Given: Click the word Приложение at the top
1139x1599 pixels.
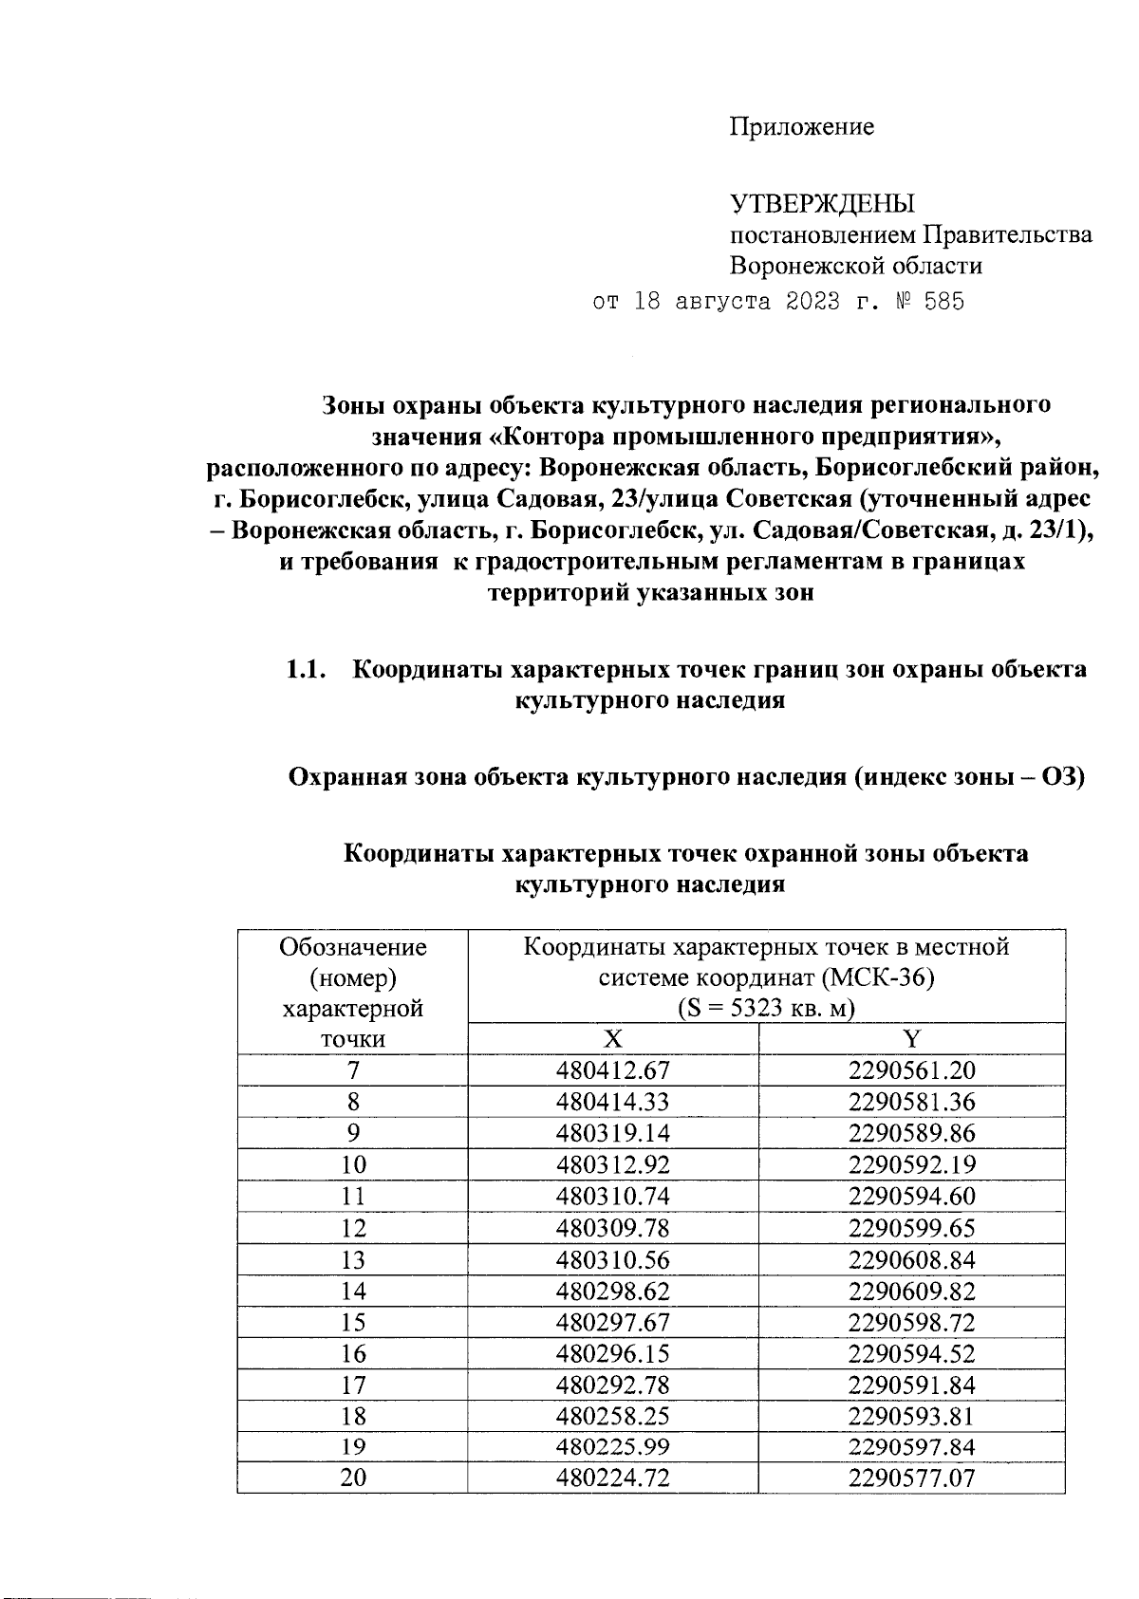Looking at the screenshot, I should coord(801,127).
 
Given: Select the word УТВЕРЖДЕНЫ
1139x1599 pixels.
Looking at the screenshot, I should coord(822,204).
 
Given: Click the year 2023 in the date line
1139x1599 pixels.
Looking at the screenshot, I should coord(812,303).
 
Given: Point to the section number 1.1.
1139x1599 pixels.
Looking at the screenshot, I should coord(307,669).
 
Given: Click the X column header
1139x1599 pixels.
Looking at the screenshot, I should coord(613,1038).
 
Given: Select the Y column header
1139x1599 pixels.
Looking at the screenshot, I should coord(911,1038).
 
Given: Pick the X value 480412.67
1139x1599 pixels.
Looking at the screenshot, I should coord(613,1070).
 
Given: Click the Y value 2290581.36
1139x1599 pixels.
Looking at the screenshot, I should coord(911,1102).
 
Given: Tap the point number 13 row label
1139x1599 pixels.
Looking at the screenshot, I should coord(353,1260).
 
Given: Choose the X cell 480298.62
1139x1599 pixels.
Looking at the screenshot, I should coord(613,1292).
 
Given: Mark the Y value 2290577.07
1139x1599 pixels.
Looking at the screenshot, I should coord(911,1478).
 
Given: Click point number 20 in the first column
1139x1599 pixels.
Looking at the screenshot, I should coord(353,1478).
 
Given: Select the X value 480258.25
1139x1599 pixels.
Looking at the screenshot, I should coord(613,1416).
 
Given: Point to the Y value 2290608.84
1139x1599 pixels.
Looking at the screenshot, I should coord(911,1260).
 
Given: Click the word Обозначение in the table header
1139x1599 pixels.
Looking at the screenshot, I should coord(353,947).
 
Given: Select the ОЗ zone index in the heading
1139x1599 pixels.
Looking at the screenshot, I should coord(1063,777).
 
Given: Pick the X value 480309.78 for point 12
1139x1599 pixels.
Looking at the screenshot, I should coord(613,1228).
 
